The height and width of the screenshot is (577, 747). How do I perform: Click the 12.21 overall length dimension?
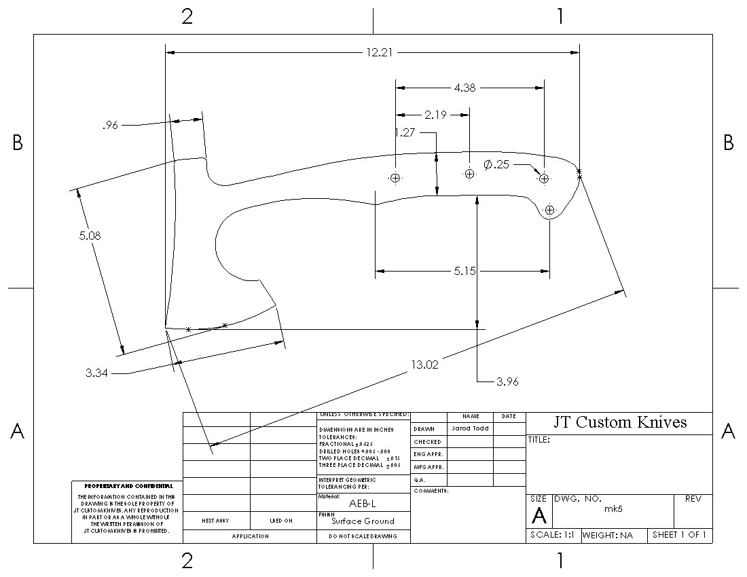click(372, 52)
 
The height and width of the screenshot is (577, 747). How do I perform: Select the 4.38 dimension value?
click(465, 88)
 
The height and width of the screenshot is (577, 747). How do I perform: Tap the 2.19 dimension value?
click(435, 115)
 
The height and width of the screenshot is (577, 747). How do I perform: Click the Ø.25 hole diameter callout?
click(497, 164)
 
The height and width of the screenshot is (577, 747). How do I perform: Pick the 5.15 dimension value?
click(465, 272)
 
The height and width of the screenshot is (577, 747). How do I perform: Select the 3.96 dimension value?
click(507, 381)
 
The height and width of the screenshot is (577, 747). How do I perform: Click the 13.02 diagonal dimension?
click(425, 365)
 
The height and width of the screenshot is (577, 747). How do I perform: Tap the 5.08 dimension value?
click(91, 236)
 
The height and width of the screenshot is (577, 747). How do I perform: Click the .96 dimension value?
click(110, 125)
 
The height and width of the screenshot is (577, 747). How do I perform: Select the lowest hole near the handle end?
click(550, 210)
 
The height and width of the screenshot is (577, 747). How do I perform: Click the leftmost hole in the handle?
click(395, 178)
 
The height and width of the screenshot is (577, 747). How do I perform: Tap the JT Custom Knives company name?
click(620, 422)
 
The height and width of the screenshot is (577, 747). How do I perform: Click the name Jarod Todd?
click(470, 428)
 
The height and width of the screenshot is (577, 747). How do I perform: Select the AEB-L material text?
click(363, 504)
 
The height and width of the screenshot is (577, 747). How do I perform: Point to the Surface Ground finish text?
click(363, 521)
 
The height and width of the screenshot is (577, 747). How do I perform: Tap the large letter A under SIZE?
click(539, 517)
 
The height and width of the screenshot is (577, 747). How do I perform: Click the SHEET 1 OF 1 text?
click(679, 535)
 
